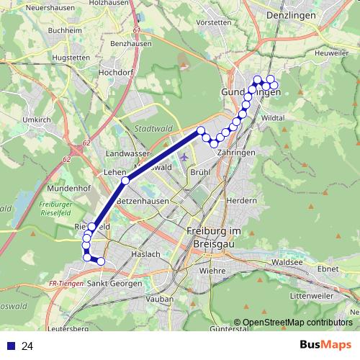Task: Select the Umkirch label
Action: click(36, 120)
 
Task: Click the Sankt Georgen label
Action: click(115, 284)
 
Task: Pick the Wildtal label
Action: click(274, 117)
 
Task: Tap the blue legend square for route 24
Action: click(9, 346)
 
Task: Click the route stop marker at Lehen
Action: click(125, 180)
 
